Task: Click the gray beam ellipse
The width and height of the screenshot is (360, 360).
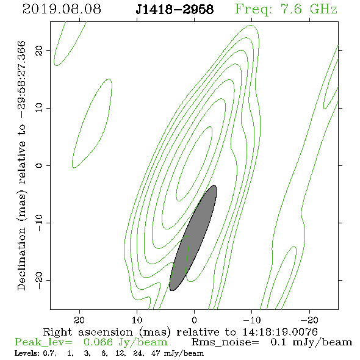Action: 193,238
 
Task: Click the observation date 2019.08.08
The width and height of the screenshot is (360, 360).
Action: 62,9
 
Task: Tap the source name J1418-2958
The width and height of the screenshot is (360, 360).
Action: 175,9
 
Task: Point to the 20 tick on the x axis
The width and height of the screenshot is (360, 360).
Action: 79,320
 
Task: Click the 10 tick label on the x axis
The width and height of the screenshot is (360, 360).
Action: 137,320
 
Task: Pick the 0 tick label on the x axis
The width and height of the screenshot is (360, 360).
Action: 194,320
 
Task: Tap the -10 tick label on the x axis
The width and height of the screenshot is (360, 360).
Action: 252,320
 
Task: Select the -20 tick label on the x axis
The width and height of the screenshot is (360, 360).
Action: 309,320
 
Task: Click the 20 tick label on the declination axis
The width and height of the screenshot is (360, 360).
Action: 39,51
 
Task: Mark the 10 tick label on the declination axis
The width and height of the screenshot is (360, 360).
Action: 39,108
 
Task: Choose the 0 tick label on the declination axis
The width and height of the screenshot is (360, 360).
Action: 39,165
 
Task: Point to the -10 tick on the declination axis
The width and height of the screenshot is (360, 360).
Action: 39,223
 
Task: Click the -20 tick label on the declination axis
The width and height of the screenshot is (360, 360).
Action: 39,280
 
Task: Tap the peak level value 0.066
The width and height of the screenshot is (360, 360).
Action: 98,342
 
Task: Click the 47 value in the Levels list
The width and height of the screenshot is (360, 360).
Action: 156,353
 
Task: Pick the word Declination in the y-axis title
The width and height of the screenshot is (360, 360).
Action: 21,259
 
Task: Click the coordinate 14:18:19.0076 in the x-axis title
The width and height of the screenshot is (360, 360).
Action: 280,332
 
